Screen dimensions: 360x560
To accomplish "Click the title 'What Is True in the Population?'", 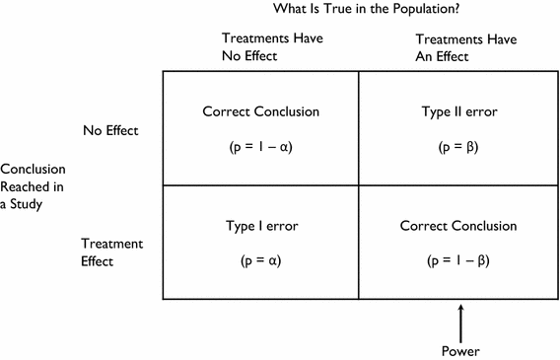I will pos(363,11).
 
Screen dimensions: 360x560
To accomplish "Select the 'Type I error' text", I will pos(261,226).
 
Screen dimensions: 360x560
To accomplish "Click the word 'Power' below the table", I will pos(460,349).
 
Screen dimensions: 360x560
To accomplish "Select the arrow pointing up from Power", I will pos(460,322).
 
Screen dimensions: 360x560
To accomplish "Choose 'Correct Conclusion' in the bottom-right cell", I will pos(457,226).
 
